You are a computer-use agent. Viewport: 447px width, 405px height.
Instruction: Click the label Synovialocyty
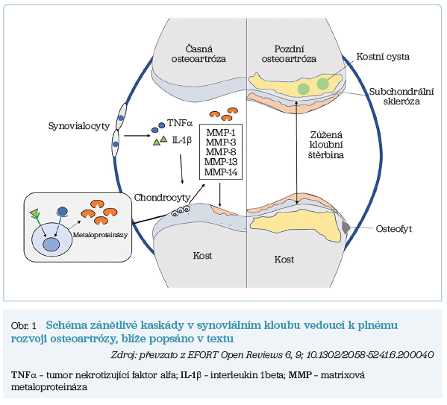(x=79, y=126)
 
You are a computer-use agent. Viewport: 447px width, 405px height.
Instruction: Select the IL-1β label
(x=181, y=140)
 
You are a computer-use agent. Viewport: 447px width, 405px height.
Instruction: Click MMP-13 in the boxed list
(x=221, y=162)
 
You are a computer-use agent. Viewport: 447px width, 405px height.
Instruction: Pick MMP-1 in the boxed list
(x=221, y=133)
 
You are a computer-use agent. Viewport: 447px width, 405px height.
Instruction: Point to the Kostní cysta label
(x=383, y=57)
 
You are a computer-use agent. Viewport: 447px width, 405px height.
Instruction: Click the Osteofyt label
(x=394, y=229)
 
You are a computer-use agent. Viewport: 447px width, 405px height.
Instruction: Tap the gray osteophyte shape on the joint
(x=346, y=227)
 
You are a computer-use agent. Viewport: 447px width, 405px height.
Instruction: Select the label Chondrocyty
(x=162, y=198)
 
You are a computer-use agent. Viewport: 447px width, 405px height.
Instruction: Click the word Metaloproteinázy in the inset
(x=100, y=235)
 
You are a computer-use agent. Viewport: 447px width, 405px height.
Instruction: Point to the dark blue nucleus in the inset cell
(x=50, y=245)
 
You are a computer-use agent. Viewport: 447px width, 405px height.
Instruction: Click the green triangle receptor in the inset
(x=34, y=213)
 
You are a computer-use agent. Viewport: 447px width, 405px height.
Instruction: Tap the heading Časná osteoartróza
(x=199, y=54)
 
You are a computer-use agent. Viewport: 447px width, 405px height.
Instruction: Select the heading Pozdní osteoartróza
(x=289, y=54)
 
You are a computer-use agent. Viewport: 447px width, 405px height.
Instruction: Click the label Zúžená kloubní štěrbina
(x=326, y=145)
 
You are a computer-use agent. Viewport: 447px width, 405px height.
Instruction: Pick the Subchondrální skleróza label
(x=401, y=96)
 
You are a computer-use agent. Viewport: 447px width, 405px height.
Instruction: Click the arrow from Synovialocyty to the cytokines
(x=137, y=136)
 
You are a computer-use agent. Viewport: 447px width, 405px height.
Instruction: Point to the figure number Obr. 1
(x=24, y=326)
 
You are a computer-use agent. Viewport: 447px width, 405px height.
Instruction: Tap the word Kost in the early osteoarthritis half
(x=202, y=256)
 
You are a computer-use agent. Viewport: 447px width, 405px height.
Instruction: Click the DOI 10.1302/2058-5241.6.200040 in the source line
(x=370, y=355)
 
